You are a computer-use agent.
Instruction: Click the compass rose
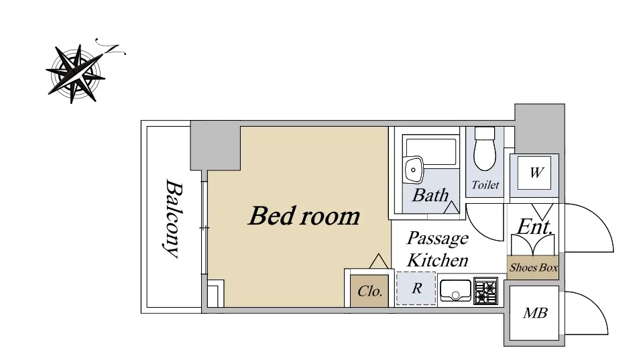76,74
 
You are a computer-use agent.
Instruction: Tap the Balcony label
173,219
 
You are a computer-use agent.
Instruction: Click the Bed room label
304,216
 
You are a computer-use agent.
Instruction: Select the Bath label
430,195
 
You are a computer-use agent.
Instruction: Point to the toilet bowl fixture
485,148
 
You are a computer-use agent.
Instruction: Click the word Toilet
485,185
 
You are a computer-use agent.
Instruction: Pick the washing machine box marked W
534,172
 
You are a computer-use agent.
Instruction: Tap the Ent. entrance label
535,227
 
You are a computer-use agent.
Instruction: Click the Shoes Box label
533,267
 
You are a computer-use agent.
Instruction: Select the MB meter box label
535,313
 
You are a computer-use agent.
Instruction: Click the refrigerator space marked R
416,288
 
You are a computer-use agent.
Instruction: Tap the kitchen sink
455,291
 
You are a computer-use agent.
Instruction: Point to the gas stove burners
485,291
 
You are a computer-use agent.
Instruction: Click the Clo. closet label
370,291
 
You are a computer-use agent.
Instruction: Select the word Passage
438,239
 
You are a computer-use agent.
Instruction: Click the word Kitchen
438,260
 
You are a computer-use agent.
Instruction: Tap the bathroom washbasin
413,170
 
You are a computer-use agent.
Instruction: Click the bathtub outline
430,152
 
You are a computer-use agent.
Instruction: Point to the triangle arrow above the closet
379,261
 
